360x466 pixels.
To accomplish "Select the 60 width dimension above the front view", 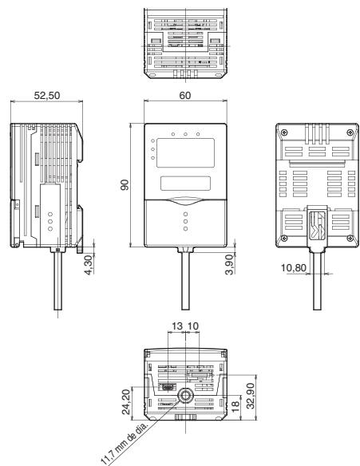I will point(186,95).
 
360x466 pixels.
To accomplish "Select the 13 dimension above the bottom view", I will point(176,328).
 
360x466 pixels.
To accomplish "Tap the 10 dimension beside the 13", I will point(194,328).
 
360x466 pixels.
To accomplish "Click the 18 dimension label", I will point(237,405).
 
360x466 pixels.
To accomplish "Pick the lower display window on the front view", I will point(185,184).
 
